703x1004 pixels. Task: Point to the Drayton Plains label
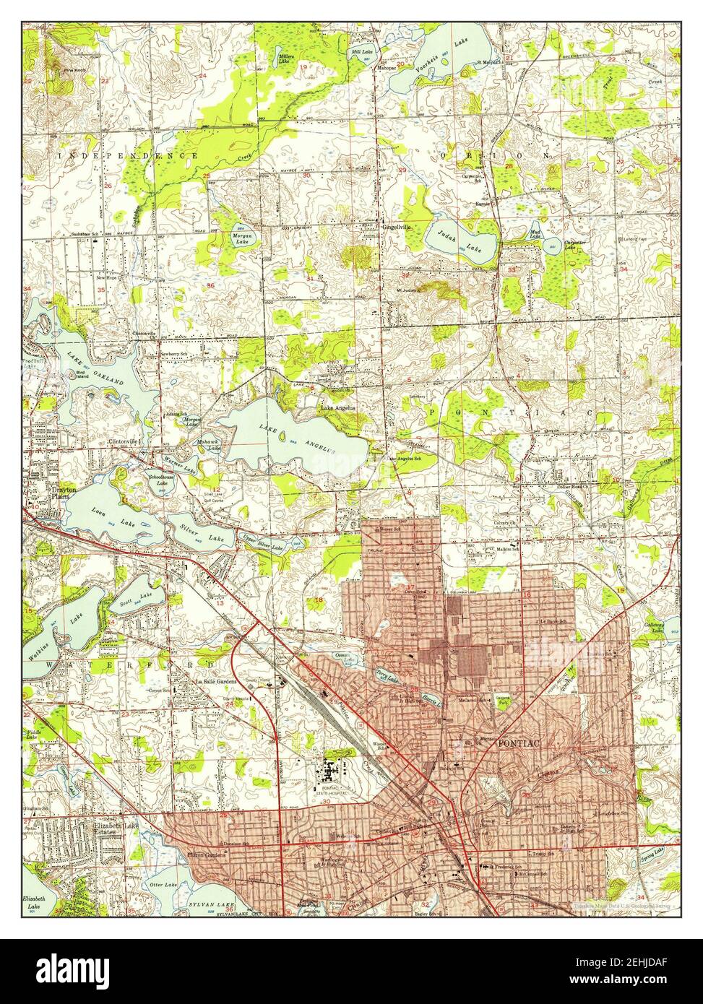47,493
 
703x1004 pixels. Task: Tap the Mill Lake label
361,53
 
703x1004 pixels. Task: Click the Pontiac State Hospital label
332,792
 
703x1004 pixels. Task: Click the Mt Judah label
409,291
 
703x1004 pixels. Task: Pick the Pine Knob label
74,70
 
